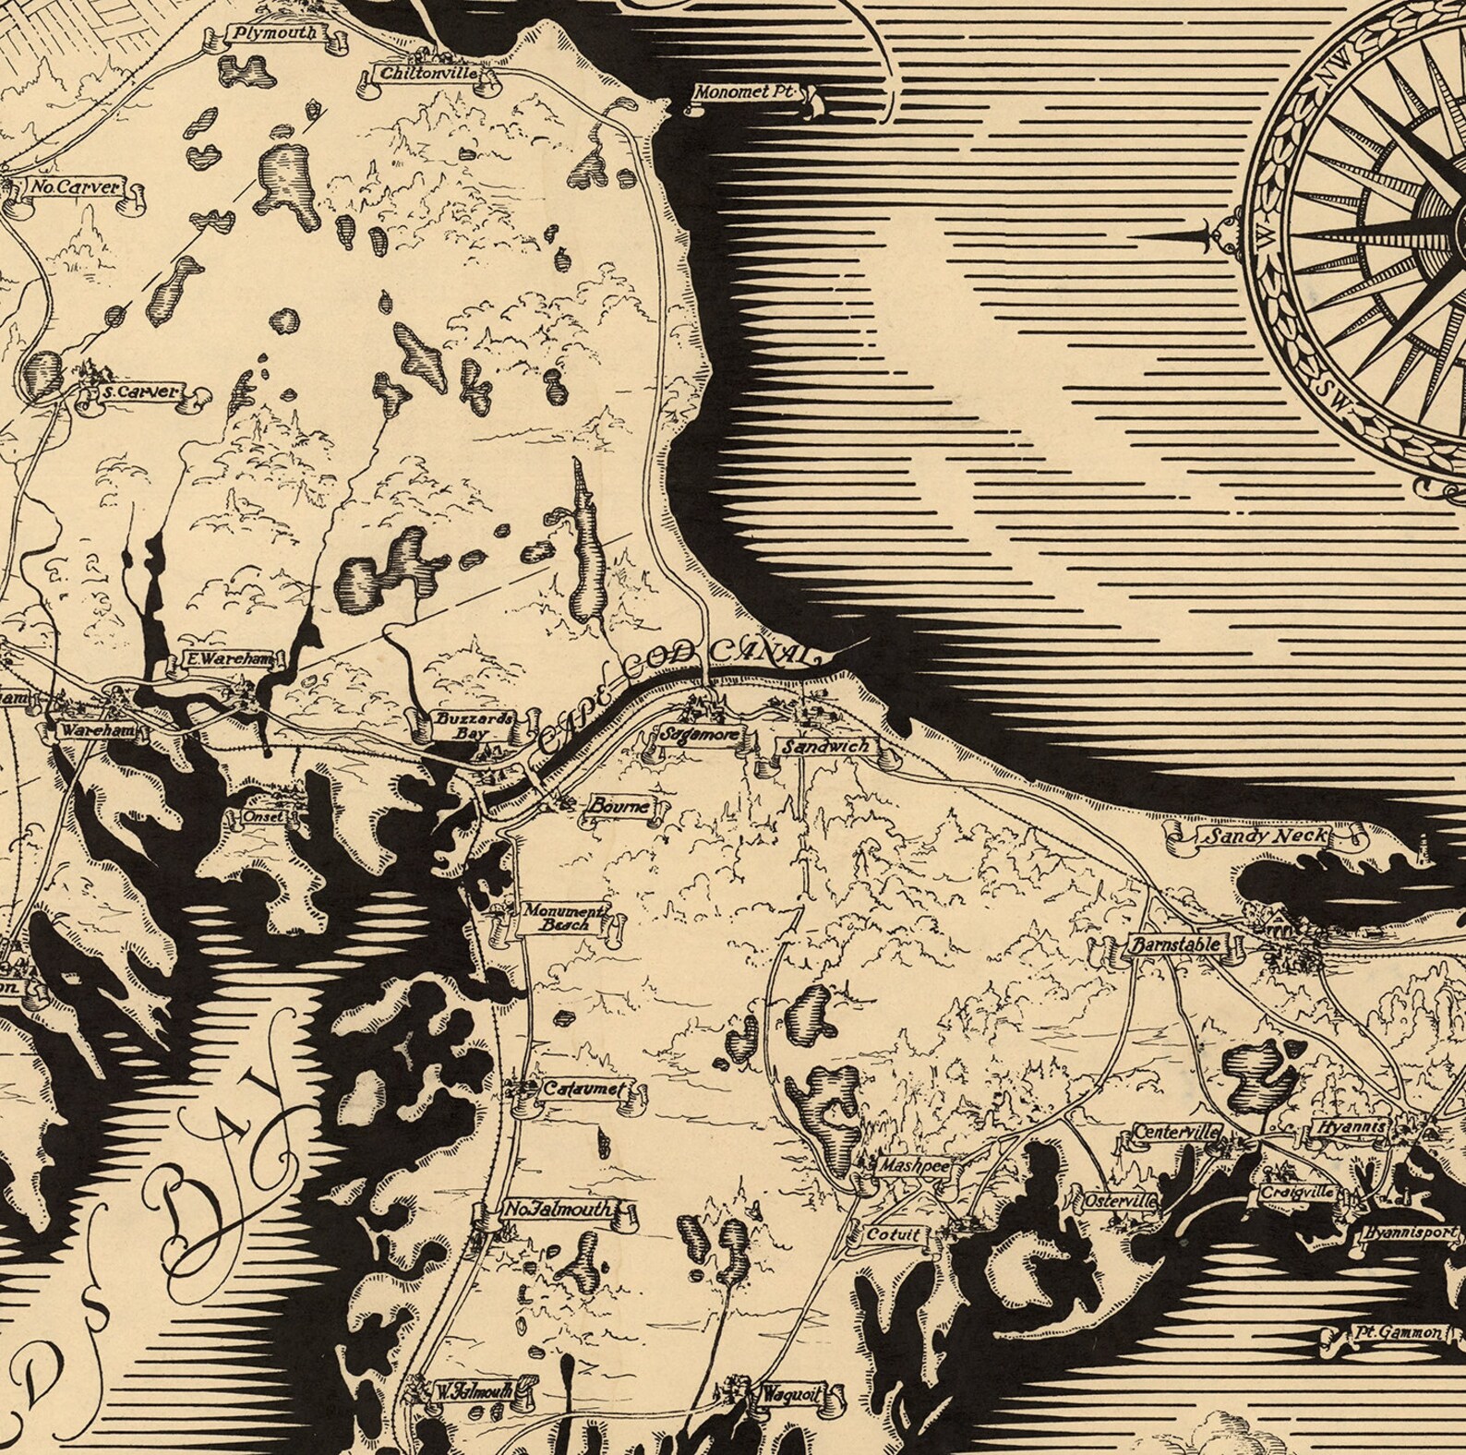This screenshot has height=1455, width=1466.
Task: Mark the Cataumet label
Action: click(x=583, y=1089)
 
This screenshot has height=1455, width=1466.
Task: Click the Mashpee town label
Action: click(x=907, y=1165)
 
